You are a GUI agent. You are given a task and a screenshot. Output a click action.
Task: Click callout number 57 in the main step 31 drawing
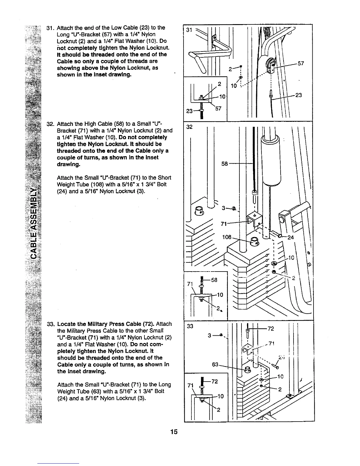[301, 64]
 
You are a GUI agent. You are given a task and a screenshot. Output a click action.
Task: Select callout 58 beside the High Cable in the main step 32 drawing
[225, 163]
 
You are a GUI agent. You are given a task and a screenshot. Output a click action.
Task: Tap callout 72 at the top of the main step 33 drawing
[271, 329]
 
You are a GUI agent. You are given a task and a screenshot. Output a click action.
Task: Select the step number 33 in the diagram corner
[190, 326]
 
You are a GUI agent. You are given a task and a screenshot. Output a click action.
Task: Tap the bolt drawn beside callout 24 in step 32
[277, 235]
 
